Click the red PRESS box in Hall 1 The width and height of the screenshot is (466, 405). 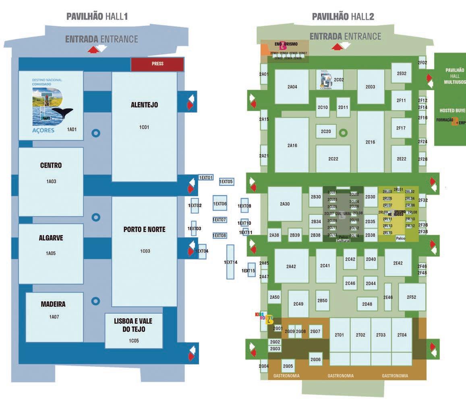tap(157, 64)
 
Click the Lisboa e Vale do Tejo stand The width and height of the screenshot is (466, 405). tap(134, 330)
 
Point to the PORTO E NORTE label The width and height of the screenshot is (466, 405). tap(144, 230)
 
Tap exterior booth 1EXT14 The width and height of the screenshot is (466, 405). tap(230, 262)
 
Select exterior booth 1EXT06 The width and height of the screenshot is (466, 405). tap(220, 204)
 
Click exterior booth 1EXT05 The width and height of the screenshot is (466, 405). tap(226, 182)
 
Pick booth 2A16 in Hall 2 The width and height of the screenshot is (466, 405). tap(292, 145)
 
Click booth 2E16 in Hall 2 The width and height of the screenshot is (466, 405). tap(370, 142)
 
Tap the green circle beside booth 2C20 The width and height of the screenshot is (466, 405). tap(343, 132)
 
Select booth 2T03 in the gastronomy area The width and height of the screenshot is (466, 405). tap(381, 335)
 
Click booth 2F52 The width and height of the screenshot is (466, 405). tap(412, 297)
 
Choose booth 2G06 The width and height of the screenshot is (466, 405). tap(316, 359)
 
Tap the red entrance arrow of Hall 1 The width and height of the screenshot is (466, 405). tap(93, 49)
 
